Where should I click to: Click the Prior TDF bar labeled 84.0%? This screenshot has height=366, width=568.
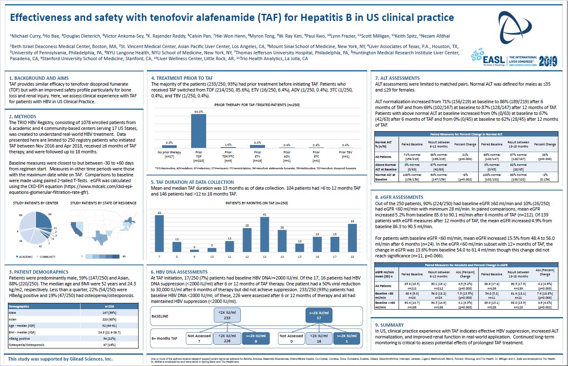point(199,131)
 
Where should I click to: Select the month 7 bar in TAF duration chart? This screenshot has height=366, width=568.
point(159,234)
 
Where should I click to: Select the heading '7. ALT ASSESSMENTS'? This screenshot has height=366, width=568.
point(397,78)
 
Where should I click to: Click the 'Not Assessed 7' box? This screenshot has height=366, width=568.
point(199,338)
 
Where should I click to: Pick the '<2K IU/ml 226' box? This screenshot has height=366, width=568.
point(227,338)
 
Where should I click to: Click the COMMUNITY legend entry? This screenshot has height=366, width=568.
point(47,257)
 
